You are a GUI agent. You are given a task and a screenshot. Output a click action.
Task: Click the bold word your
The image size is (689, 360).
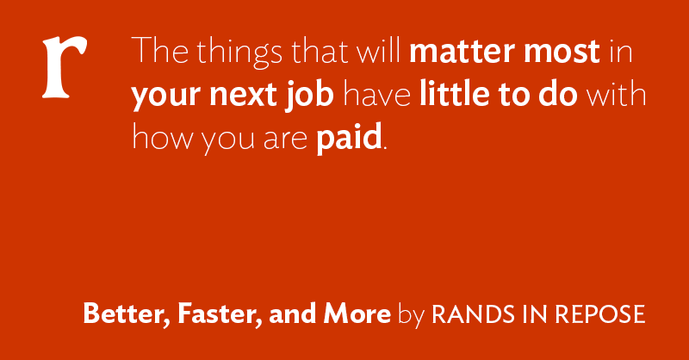click(166, 96)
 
